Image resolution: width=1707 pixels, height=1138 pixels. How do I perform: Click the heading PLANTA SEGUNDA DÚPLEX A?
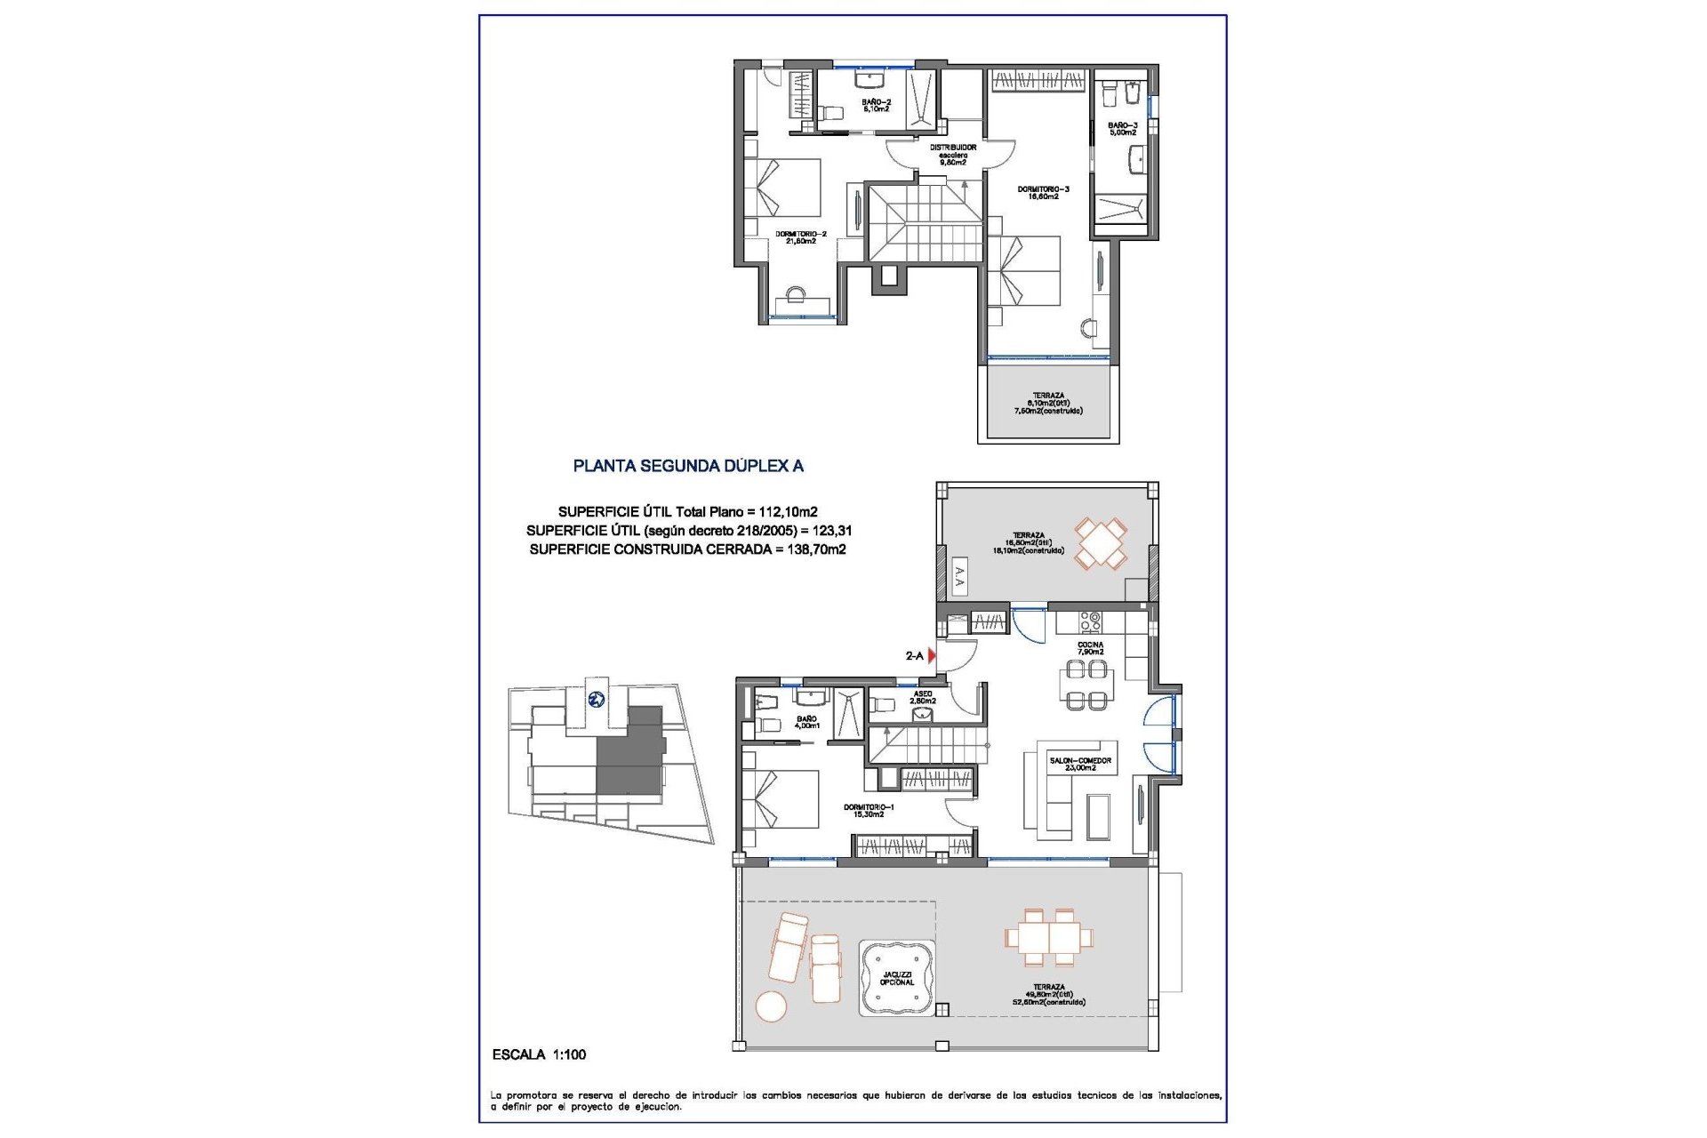point(688,466)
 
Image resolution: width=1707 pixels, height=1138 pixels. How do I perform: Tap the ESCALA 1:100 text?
point(539,1054)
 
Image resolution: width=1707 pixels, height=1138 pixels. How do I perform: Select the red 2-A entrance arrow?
point(932,656)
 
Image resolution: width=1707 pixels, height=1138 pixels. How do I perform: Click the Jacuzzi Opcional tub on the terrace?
point(896,978)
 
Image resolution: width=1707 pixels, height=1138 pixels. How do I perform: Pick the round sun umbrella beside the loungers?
point(771,1006)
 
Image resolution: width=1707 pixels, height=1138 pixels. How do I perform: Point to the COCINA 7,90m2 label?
point(1090,648)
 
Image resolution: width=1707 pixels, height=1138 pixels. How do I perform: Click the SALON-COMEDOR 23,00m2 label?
point(1080,764)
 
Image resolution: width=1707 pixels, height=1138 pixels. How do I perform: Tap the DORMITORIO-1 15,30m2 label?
point(869,811)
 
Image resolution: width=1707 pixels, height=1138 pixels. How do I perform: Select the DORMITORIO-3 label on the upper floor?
point(1043,192)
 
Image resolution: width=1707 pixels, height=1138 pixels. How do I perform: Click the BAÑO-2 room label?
point(876,105)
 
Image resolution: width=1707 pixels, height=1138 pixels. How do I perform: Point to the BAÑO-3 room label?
point(1122,129)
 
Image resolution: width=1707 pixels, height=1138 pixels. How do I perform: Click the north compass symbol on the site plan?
point(596,699)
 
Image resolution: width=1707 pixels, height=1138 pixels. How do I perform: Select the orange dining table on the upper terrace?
point(1101,543)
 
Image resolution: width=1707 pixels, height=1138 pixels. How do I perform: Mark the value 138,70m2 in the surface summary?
point(816,549)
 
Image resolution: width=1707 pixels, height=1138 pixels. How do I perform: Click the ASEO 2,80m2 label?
point(923,697)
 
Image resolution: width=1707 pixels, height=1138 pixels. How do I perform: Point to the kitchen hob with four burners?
point(1090,621)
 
